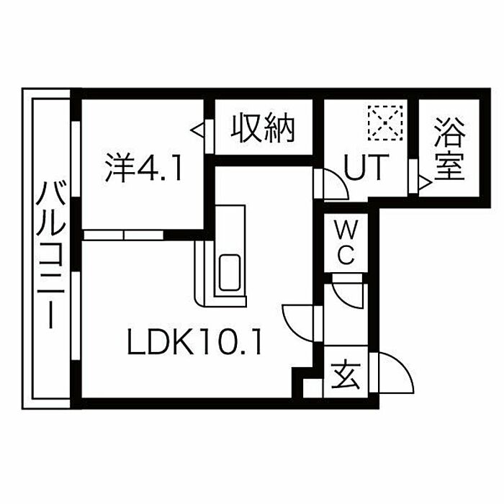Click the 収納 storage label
pos(264,129)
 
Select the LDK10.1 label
pos(194,343)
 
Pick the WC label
pos(346,243)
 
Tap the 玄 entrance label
pos(344,375)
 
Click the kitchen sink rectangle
pos(230,272)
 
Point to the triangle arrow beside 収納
pos(198,130)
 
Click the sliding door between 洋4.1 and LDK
pos(124,234)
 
